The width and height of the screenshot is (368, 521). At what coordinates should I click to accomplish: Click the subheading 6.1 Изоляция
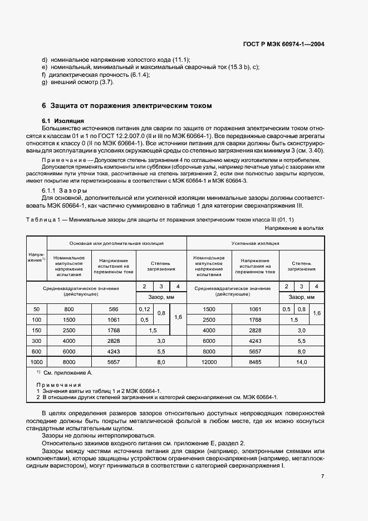[x=63, y=120]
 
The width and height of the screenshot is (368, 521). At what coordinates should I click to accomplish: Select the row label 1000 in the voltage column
[x=37, y=362]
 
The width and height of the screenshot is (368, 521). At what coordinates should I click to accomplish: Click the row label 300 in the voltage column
[x=37, y=341]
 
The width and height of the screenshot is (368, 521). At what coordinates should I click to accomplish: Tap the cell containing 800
[x=69, y=309]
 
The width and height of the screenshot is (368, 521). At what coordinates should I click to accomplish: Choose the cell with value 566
[x=114, y=309]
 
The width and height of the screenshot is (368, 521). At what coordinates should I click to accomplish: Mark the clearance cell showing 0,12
[x=144, y=309]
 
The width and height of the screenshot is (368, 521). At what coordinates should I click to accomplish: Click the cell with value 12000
[x=209, y=362]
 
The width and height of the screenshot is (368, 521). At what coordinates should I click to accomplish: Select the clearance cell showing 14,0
[x=302, y=362]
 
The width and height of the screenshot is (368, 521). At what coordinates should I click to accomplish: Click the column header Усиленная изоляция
[x=255, y=243]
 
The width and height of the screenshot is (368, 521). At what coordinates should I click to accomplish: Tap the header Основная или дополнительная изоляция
[x=116, y=243]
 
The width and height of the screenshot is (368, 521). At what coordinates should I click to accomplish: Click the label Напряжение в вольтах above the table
[x=294, y=228]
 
